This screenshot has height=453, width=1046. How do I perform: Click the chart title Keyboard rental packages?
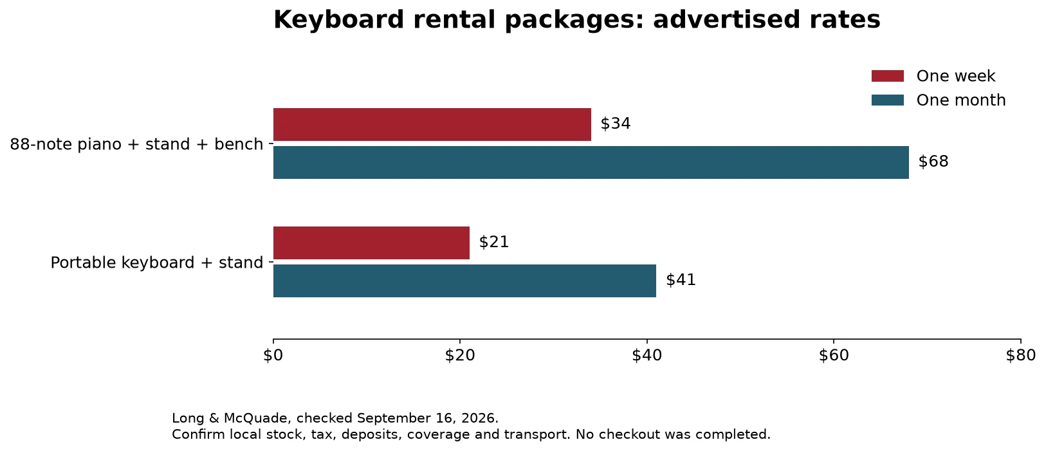(x=576, y=21)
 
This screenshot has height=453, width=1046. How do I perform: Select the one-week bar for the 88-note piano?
(x=432, y=124)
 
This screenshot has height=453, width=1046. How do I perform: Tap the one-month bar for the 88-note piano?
(x=591, y=162)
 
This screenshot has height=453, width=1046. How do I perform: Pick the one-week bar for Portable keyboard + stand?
(x=371, y=243)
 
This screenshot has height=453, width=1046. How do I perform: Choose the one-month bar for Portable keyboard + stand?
(x=464, y=281)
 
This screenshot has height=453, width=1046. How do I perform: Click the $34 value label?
(x=616, y=124)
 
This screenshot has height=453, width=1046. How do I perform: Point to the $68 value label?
(x=933, y=162)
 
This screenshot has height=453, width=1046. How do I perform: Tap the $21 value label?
(x=494, y=242)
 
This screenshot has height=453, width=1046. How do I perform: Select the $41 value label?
(x=681, y=280)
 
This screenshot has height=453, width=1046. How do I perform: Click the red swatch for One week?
(x=888, y=76)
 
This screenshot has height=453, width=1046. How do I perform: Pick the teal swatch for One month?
(x=888, y=100)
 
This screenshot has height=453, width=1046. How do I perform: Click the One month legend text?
(x=961, y=100)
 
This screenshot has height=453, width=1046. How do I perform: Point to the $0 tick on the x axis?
(x=273, y=356)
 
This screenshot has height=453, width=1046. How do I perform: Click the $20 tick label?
(x=460, y=356)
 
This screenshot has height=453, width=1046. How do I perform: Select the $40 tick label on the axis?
(x=647, y=356)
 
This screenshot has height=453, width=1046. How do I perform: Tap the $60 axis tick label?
(x=834, y=356)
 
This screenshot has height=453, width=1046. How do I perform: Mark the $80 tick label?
(x=1020, y=356)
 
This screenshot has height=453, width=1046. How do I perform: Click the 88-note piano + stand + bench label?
(x=137, y=144)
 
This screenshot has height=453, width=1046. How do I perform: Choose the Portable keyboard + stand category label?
(x=157, y=263)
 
